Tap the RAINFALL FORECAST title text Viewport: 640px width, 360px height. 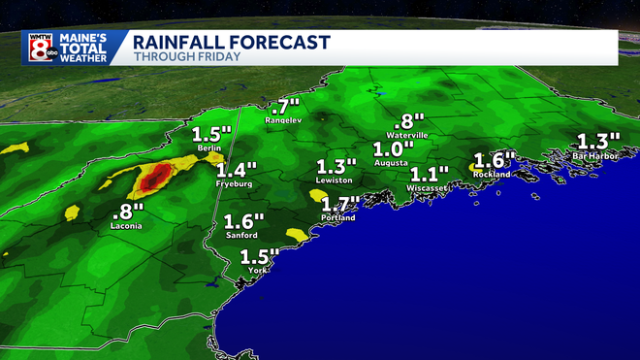pos(231,42)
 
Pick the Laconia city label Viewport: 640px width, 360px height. pos(126,226)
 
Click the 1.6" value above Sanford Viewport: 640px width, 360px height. pos(243,220)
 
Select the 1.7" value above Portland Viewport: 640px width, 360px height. pos(339,204)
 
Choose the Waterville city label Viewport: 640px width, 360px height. pos(406,135)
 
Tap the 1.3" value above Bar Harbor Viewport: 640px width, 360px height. pos(598,140)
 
